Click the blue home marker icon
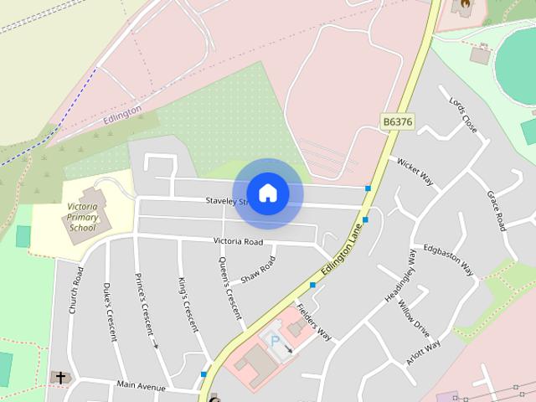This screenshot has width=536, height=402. tap(267, 193)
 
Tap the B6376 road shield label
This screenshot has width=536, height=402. tap(397, 121)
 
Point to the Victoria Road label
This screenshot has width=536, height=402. tap(238, 242)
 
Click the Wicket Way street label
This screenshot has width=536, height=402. tap(415, 171)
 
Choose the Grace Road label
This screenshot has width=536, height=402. tap(497, 210)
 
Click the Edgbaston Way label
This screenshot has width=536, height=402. tap(449, 260)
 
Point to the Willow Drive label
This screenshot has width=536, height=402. tap(414, 319)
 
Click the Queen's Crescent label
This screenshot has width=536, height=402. tap(229, 288)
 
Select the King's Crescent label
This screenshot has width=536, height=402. tap(188, 304)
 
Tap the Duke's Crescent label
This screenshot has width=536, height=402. tap(110, 312)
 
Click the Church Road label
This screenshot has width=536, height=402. tap(76, 290)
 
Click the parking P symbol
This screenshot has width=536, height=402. tap(274, 342)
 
